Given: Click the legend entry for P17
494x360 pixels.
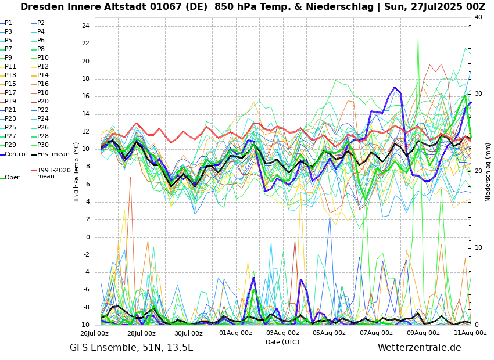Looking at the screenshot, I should coord(10,93).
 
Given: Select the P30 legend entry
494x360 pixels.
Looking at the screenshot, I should coord(43,145).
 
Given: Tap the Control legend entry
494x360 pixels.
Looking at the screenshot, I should coord(16,154).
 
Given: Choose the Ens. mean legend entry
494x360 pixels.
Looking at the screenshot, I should coord(53,154).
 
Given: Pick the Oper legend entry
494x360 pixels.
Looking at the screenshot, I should coord(12,178).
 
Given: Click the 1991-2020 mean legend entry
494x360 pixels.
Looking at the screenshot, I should coord(53,173).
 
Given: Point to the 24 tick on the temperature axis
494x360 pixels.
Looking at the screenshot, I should coord(85,26).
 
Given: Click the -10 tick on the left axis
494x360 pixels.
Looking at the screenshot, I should coord(84,325).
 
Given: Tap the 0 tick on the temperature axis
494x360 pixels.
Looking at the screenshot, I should coord(87,237).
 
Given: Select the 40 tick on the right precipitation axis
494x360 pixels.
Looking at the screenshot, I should coord(478,17).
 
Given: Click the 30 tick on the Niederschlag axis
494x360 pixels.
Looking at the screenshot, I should coord(478,94).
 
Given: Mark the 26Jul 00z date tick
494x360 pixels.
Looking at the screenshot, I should coord(94,333).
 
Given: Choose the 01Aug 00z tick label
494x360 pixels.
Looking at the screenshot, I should coord(235,333).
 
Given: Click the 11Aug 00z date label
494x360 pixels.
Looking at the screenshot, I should coord(470,333).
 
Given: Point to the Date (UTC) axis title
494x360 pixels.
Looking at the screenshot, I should coord(282,343).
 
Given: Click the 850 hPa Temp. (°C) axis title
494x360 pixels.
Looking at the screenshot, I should coord(77,172).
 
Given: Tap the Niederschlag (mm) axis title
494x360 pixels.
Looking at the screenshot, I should coord(488,172).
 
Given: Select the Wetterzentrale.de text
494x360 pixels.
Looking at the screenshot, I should coord(419,348).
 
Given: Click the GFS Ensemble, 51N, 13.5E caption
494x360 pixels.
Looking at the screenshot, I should coord(131,348).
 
